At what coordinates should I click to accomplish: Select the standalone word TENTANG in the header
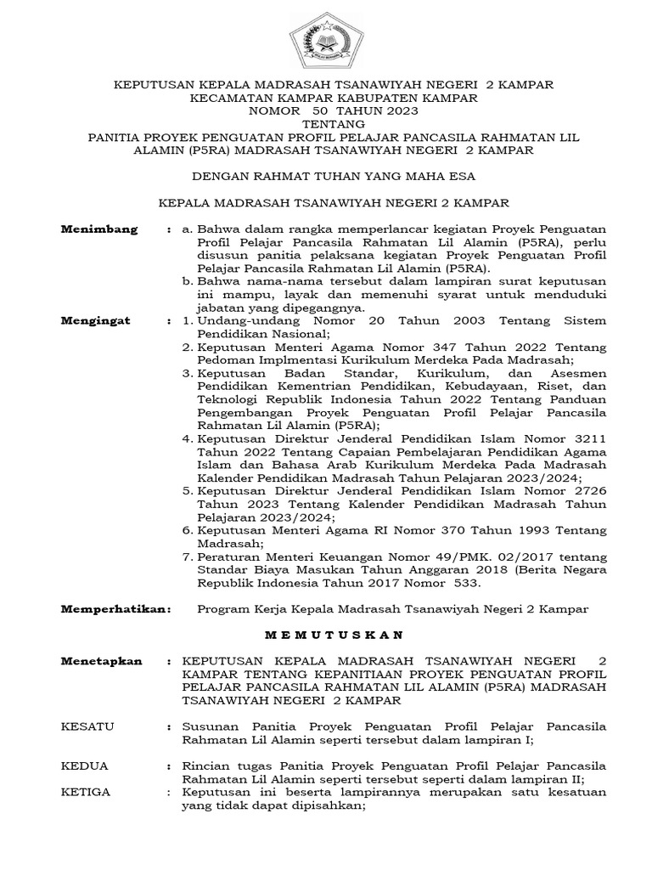326,124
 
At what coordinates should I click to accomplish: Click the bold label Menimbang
100,229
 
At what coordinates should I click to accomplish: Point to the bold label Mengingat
97,321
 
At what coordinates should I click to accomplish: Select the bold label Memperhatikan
115,609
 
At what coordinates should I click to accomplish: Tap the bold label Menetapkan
102,661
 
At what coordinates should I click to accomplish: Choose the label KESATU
88,727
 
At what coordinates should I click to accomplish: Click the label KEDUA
85,766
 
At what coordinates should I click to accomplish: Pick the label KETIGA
87,792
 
